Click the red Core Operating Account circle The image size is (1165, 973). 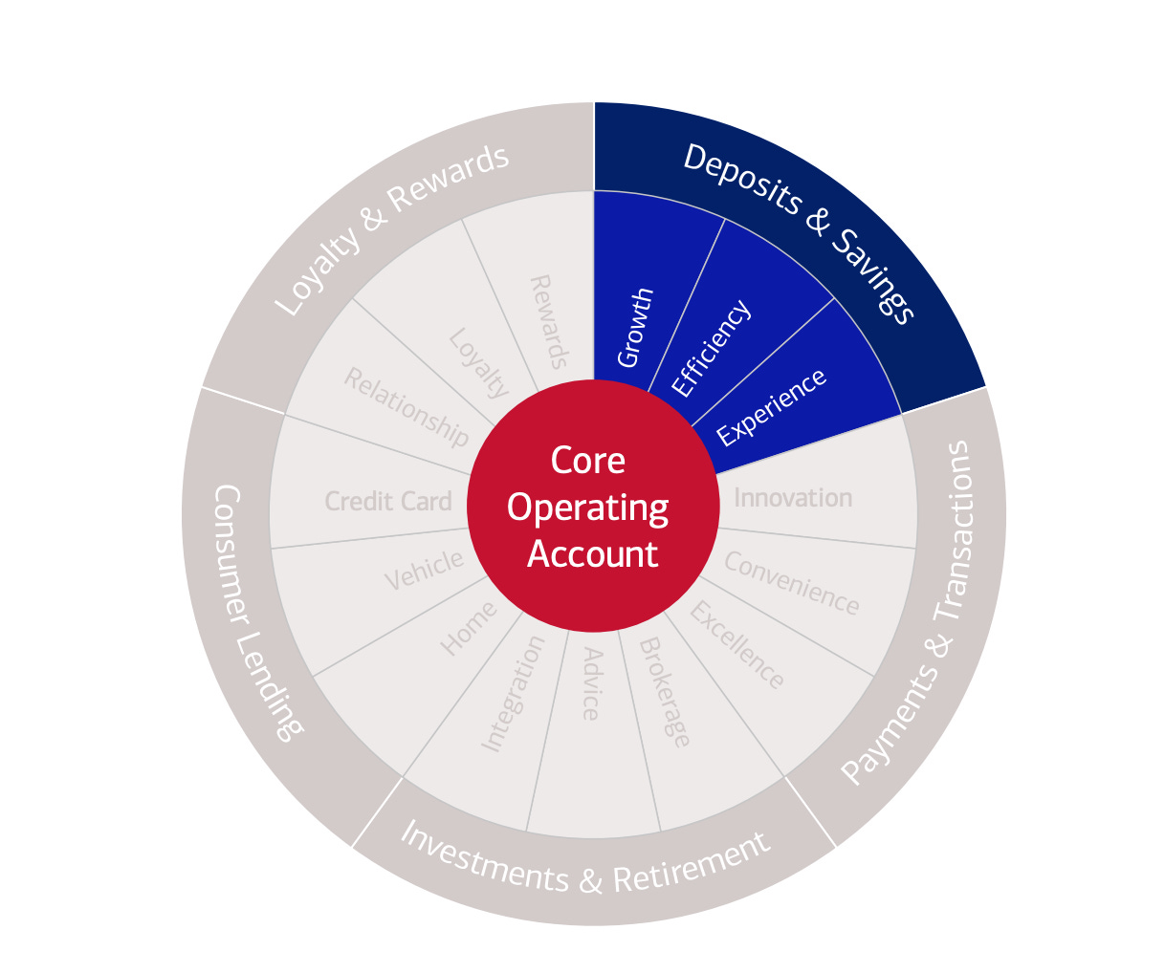coord(592,507)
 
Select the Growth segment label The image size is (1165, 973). coord(636,327)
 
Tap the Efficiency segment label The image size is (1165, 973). coord(711,348)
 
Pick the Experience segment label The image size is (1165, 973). coord(771,407)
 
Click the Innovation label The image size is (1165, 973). coord(792,498)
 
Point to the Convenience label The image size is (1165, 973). coord(791,582)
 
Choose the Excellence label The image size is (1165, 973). coord(737,645)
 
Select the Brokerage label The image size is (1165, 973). coord(664,692)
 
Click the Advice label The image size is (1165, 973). coord(591,684)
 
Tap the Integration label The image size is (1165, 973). coord(512,694)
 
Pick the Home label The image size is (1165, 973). coord(468,628)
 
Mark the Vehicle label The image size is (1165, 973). coord(424,571)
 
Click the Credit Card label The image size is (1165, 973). coord(387,501)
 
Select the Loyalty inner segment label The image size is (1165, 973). coord(478,364)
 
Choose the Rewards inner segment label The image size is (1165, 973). coord(549,322)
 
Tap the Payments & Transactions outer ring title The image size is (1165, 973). coord(909,612)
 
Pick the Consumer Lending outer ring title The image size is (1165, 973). coord(253,612)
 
